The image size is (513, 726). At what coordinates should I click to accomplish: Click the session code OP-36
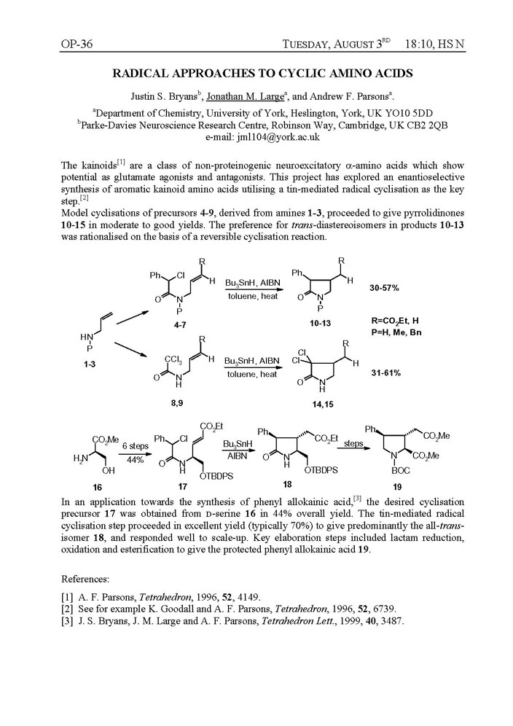point(77,45)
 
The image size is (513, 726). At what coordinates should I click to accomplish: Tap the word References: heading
point(89,576)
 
